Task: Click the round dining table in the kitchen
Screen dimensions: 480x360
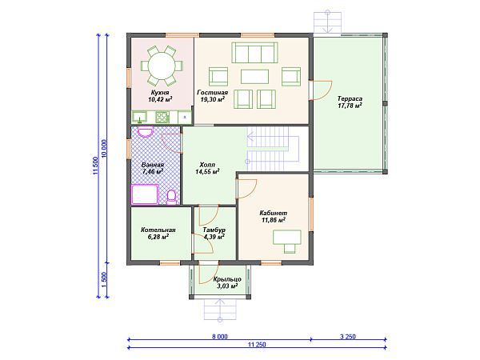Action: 162,66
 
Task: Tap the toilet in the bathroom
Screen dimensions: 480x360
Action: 171,197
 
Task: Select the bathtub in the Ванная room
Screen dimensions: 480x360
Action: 145,194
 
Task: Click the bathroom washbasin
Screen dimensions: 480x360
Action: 145,132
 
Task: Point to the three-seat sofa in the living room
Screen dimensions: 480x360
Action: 254,53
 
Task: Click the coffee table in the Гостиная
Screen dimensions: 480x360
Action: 254,77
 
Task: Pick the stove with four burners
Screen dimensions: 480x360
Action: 162,117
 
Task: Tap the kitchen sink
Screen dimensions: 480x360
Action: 139,117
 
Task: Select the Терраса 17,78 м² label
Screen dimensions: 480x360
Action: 350,102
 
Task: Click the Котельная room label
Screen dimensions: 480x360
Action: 158,230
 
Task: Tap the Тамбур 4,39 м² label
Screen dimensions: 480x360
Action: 214,234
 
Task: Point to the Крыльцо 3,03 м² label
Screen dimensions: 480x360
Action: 227,282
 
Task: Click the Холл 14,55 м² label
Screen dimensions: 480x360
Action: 207,168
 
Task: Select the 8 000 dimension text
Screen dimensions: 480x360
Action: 220,337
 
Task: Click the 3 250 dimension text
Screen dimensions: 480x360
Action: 348,337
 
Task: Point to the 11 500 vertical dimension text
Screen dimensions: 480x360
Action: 96,166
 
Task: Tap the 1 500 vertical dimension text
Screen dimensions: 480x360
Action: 104,279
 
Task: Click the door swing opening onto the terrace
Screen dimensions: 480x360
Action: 322,90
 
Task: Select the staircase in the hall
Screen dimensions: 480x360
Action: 273,149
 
